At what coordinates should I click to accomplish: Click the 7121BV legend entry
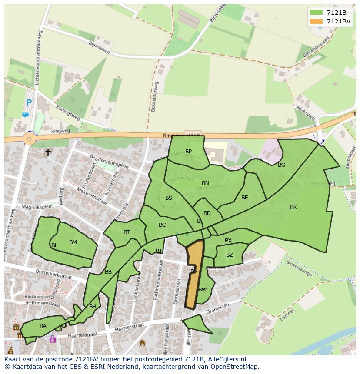pyautogui.click(x=330, y=21)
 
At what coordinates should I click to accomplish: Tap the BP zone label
pyautogui.click(x=188, y=152)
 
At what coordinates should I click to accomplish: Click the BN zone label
pyautogui.click(x=205, y=183)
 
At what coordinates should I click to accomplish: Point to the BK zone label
pyautogui.click(x=293, y=207)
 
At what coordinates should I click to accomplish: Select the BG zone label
pyautogui.click(x=281, y=165)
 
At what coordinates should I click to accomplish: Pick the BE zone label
pyautogui.click(x=244, y=198)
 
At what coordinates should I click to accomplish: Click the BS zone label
pyautogui.click(x=169, y=198)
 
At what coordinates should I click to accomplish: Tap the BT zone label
pyautogui.click(x=127, y=232)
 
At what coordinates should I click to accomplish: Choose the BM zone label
pyautogui.click(x=73, y=242)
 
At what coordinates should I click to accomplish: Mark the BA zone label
pyautogui.click(x=43, y=326)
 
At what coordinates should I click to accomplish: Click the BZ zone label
pyautogui.click(x=229, y=255)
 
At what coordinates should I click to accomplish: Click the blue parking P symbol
pyautogui.click(x=29, y=103)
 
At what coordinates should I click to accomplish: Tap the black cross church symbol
pyautogui.click(x=48, y=152)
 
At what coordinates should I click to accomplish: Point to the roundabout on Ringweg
pyautogui.click(x=29, y=139)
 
